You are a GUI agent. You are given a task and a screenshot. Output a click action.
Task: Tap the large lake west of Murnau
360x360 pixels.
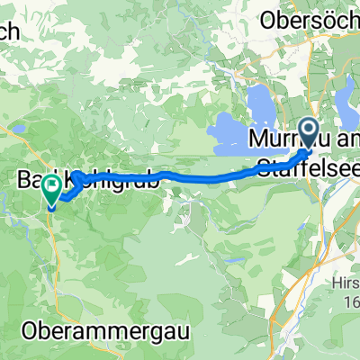click(x=236, y=136)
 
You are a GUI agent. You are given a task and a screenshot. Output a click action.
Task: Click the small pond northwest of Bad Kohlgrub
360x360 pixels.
click(x=15, y=129)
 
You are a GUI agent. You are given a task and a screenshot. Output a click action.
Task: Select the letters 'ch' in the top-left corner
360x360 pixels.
click(x=13, y=30)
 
